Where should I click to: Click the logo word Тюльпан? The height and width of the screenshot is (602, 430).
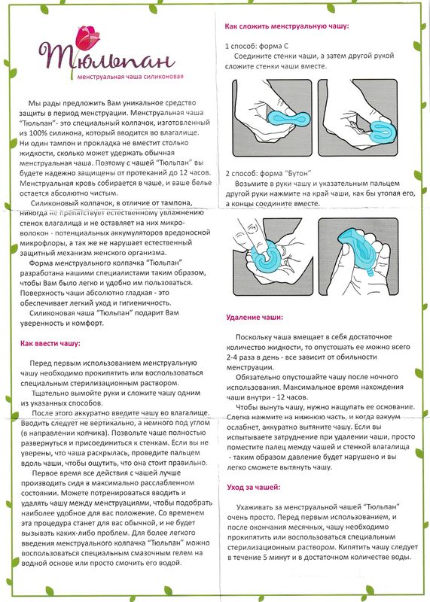pos(107,58)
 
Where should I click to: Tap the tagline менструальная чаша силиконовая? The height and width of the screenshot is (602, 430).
pos(130,77)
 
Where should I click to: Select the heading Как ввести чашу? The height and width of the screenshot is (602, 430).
pos(50,343)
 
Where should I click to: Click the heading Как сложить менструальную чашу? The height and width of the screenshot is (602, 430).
pos(287,26)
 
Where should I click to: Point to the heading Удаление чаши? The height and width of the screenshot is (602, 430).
pos(255,318)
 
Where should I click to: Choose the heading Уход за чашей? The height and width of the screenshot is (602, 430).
pos(254,487)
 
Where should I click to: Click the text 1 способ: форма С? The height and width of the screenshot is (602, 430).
pos(257,46)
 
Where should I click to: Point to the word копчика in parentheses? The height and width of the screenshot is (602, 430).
pos(90,433)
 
